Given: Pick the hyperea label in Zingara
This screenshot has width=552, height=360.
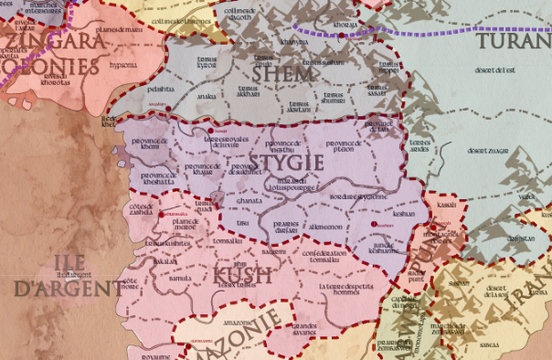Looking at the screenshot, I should point(122,65).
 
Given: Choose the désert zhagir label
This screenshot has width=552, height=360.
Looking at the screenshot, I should point(485,150).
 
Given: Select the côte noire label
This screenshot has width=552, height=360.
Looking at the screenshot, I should point(129,283).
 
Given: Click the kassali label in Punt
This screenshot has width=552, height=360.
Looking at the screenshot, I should point(447,206).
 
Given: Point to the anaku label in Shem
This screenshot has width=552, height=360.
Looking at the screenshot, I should point(206,95).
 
